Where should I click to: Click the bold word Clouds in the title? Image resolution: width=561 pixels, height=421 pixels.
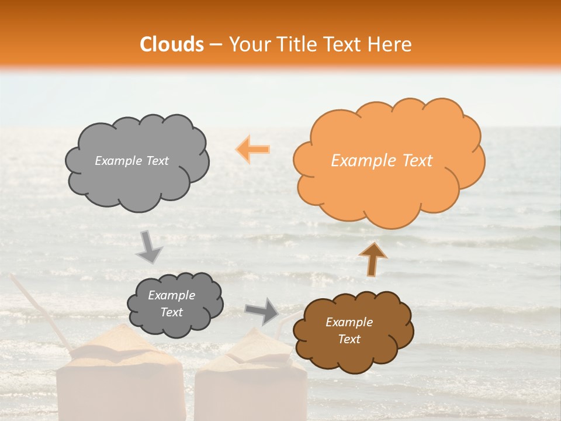coord(172,44)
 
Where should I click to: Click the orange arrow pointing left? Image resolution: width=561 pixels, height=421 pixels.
coord(253,149)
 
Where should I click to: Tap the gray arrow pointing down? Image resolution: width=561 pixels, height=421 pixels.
coord(150,246)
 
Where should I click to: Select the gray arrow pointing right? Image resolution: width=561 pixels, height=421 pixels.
coord(262,311)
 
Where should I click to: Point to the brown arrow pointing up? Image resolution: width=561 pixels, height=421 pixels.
coord(372,258)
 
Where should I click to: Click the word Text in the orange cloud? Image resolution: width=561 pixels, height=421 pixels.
coord(417,161)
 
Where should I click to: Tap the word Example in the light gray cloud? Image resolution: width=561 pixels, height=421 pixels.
coord(118,161)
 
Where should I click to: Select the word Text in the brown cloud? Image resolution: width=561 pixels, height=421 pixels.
coord(349,339)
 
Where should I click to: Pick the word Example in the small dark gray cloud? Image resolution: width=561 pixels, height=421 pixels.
coord(171,295)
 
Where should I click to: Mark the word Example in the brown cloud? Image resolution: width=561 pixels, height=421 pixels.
coord(349,322)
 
